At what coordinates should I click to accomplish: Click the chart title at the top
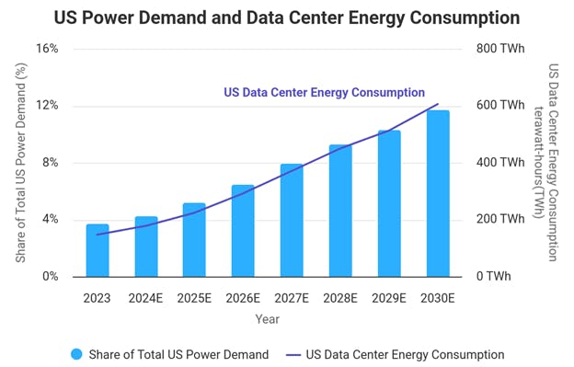click(x=286, y=17)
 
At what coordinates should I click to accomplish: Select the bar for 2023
click(x=98, y=250)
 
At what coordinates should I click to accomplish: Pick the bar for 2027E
click(x=292, y=220)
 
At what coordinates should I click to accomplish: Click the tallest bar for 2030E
click(x=438, y=193)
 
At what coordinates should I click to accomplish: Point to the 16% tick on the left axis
click(x=48, y=49)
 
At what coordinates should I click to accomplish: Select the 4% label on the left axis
click(x=51, y=220)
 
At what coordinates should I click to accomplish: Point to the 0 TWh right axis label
click(x=493, y=277)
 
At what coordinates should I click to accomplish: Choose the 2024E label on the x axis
click(x=145, y=297)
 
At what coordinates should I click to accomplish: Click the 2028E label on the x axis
click(x=340, y=297)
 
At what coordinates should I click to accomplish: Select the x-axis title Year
click(x=268, y=319)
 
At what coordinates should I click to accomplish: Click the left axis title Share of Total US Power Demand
click(x=20, y=163)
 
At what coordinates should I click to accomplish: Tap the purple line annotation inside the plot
click(x=324, y=93)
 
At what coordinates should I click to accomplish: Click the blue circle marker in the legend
click(x=77, y=354)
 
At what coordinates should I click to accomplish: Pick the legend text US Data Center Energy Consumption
click(x=405, y=354)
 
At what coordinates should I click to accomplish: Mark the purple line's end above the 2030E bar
click(x=438, y=104)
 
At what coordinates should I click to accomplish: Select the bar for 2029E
click(x=389, y=203)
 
